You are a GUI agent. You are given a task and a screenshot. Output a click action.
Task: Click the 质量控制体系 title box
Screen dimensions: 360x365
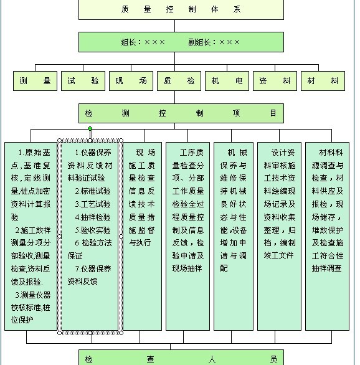[x=181, y=9]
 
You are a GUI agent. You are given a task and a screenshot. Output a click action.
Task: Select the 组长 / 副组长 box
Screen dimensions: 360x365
[x=181, y=42]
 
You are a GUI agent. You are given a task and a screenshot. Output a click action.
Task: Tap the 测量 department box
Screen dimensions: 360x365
[x=35, y=81]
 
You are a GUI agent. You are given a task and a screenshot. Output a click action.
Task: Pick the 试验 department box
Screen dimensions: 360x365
[x=83, y=81]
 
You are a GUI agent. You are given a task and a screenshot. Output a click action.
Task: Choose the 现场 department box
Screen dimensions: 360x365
[x=131, y=81]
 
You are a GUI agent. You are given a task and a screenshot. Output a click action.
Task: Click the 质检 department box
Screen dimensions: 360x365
[x=179, y=81]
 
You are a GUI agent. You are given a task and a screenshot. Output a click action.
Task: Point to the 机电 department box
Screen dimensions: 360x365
[x=227, y=81]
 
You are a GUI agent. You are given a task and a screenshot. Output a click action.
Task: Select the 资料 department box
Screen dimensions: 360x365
[x=275, y=81]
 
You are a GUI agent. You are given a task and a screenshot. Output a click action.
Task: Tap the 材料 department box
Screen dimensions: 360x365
[x=323, y=81]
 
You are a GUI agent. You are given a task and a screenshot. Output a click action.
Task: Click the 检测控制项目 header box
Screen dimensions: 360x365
[x=181, y=113]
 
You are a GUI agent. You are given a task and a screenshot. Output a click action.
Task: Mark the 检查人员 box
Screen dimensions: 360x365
[x=181, y=358]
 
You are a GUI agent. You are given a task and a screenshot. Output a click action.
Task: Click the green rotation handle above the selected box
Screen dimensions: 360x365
[x=90, y=128]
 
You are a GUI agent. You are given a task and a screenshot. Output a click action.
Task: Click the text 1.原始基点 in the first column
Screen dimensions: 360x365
[x=34, y=153]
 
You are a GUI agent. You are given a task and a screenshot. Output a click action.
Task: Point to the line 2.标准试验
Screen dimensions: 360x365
[x=93, y=191]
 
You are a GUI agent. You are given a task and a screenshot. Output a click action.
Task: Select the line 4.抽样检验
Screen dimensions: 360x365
[x=93, y=217]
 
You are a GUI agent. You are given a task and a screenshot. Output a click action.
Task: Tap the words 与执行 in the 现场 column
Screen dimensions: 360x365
[x=140, y=243]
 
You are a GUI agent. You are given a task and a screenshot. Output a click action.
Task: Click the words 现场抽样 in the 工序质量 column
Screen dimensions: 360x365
[x=187, y=268]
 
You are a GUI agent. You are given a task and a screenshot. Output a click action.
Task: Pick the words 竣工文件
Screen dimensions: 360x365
[x=278, y=255]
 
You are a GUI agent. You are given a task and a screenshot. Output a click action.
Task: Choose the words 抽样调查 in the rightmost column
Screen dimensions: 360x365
[x=327, y=268]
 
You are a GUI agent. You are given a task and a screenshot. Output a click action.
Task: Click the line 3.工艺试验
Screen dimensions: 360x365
[x=93, y=204]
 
